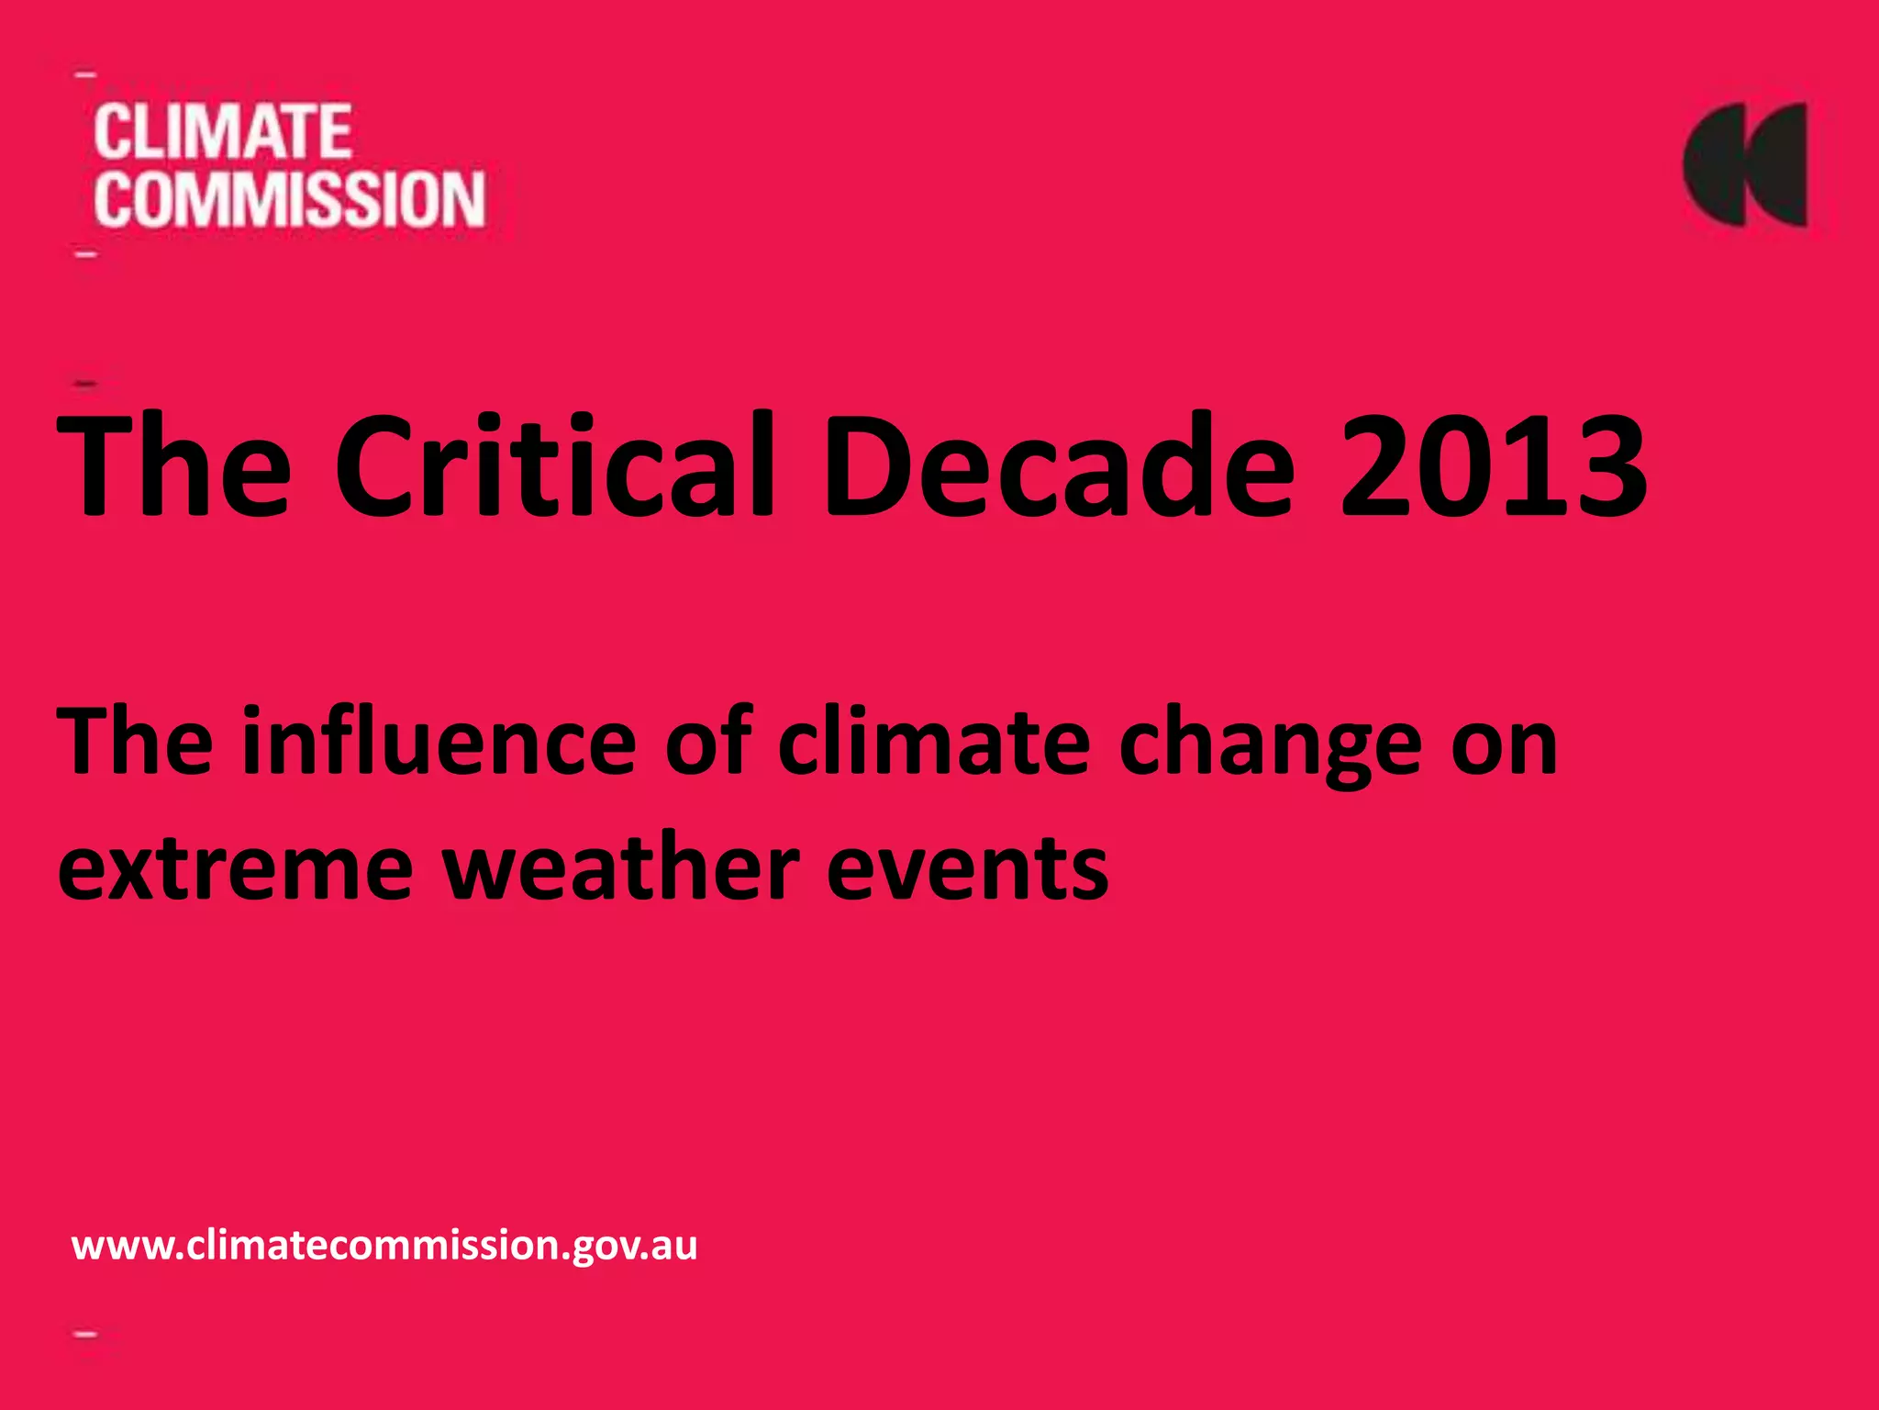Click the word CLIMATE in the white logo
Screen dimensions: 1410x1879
[222, 132]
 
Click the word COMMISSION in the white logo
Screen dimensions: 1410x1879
[289, 199]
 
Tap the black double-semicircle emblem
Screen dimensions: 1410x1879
[1745, 165]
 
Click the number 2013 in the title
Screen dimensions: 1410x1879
[1493, 465]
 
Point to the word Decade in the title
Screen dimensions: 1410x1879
[1060, 465]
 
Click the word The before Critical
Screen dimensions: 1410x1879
[174, 465]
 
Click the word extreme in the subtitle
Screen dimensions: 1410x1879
[235, 867]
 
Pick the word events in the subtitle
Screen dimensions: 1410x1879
[967, 867]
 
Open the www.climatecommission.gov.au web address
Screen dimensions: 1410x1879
[384, 1246]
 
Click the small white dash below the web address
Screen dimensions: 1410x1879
[86, 1334]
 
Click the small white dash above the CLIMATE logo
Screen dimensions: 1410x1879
[85, 74]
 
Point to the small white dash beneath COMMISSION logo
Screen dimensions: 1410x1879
[86, 253]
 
